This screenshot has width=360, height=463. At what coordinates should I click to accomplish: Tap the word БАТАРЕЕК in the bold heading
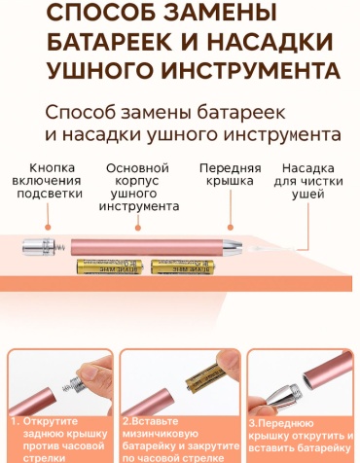coord(110,42)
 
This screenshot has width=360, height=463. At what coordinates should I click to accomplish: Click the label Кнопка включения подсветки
coord(47,181)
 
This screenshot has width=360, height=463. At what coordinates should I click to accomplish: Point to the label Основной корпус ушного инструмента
coord(138,187)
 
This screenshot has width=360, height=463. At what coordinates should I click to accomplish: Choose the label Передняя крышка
coord(231,174)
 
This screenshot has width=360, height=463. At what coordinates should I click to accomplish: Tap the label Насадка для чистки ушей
coord(308,181)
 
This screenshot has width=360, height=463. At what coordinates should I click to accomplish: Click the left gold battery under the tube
coord(110,267)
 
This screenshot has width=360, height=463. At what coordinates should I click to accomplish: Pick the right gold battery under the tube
coord(183,267)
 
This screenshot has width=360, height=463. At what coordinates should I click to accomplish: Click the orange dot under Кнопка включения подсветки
coord(48,228)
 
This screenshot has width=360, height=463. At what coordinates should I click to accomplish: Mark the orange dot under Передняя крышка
coord(231,228)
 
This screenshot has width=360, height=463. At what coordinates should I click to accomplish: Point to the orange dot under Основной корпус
coord(138,228)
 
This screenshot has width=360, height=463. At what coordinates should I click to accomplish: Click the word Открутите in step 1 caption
coord(51,421)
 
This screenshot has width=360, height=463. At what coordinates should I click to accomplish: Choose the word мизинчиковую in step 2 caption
coord(160,434)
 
